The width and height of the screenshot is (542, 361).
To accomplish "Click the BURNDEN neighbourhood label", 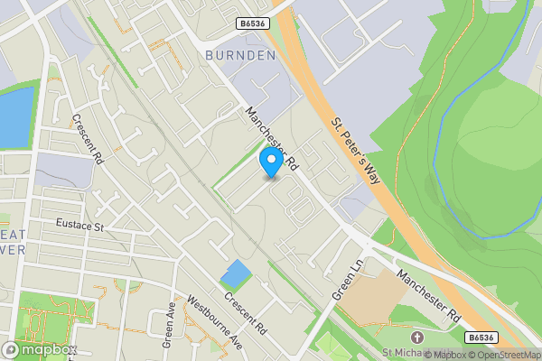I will [x=239, y=55].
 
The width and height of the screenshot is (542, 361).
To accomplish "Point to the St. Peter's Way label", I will [x=353, y=150].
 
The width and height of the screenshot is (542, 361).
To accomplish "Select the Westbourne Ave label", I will [x=213, y=323].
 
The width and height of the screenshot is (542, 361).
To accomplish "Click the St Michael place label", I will [x=404, y=353].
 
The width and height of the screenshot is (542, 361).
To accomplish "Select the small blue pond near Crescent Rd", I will [x=235, y=273].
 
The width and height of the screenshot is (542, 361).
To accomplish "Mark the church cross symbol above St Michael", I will [x=416, y=337].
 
